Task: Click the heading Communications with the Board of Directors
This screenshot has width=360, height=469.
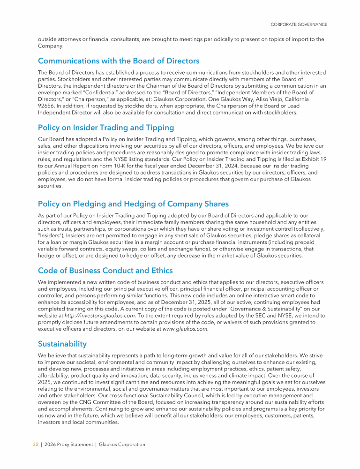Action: [119, 61]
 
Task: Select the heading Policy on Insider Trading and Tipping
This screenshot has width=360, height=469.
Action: [106, 128]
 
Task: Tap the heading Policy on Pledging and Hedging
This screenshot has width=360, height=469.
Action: [133, 204]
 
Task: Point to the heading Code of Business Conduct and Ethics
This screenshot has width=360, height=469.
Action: [105, 271]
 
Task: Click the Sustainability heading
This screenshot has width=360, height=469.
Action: [62, 344]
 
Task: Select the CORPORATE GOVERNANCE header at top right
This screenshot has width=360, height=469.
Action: [299, 24]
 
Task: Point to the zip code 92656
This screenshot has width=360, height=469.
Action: [45, 106]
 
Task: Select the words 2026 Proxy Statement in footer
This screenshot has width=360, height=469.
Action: [66, 445]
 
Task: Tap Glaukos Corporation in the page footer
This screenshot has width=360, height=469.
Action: [122, 445]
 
